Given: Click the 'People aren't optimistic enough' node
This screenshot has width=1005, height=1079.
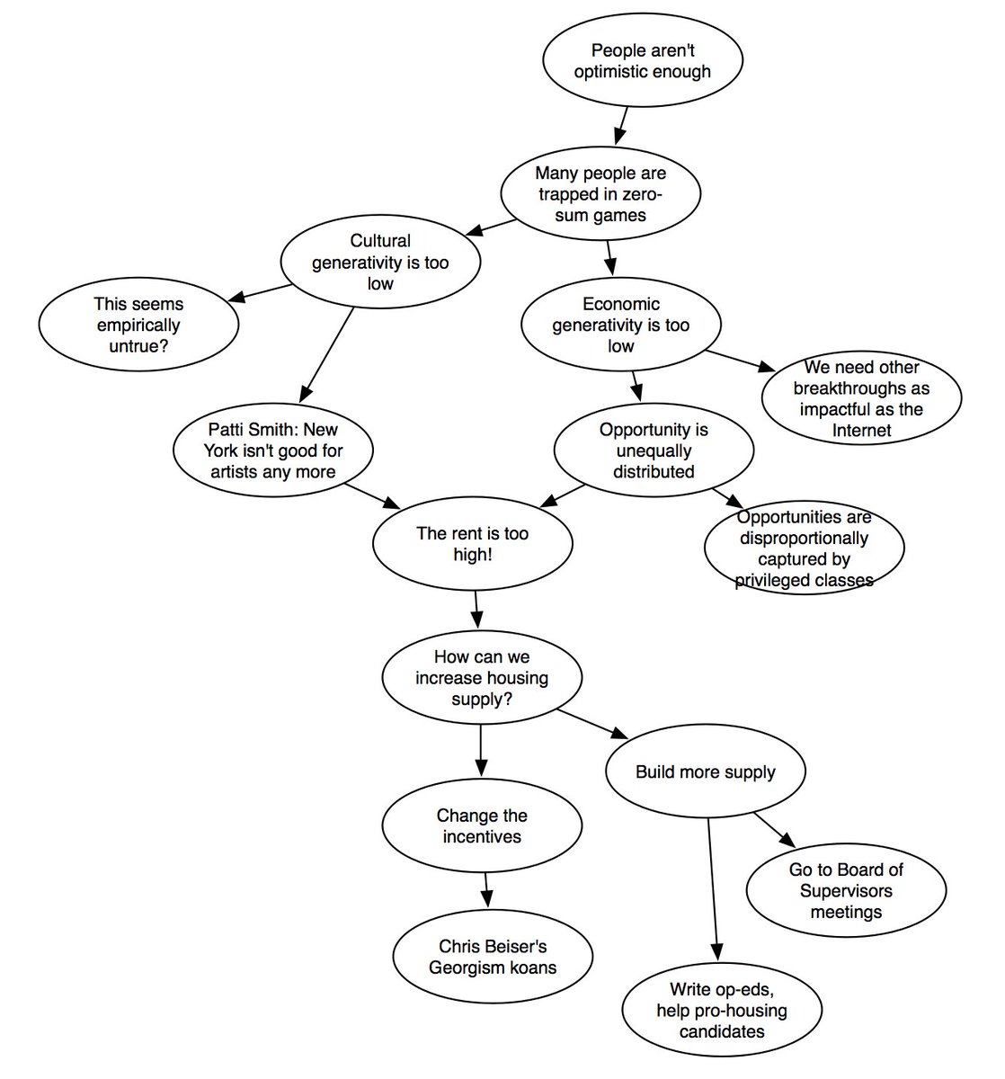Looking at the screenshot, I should (x=642, y=62).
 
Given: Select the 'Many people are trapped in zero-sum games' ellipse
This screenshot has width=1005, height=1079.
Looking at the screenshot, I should (x=600, y=194).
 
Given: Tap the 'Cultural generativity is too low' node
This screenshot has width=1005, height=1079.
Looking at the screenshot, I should (x=379, y=262).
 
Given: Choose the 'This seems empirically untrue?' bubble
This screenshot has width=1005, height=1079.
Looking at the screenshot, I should (x=138, y=325).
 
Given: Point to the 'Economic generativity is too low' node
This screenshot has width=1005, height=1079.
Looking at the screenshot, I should (x=620, y=325).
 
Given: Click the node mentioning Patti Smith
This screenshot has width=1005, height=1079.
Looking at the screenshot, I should (x=271, y=450).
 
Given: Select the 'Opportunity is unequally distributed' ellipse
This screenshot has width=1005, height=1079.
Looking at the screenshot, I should (x=654, y=450).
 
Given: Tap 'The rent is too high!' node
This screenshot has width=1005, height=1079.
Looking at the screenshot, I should (x=472, y=544).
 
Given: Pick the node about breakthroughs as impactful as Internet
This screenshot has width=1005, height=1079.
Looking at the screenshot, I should (x=861, y=398).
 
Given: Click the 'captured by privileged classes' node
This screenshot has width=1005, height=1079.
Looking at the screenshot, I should (x=804, y=548).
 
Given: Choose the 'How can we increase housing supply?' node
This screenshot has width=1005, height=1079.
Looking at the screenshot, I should (x=481, y=677).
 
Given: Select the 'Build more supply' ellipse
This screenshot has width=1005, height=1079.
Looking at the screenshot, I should (x=705, y=771).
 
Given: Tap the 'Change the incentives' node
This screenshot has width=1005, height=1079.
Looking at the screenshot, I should (x=481, y=825).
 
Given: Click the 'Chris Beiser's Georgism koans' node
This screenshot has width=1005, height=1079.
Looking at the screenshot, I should (x=493, y=957).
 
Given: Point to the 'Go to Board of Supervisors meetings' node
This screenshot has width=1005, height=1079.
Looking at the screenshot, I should (x=845, y=890).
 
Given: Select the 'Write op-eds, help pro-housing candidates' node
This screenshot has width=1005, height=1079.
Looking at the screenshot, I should (x=721, y=1010).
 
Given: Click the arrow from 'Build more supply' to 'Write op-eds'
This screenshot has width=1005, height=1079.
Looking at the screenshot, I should (x=713, y=890).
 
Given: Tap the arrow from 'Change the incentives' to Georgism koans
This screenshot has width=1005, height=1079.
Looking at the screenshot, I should (x=486, y=891).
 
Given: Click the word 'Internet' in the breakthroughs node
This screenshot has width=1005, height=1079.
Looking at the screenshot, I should (x=861, y=431).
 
